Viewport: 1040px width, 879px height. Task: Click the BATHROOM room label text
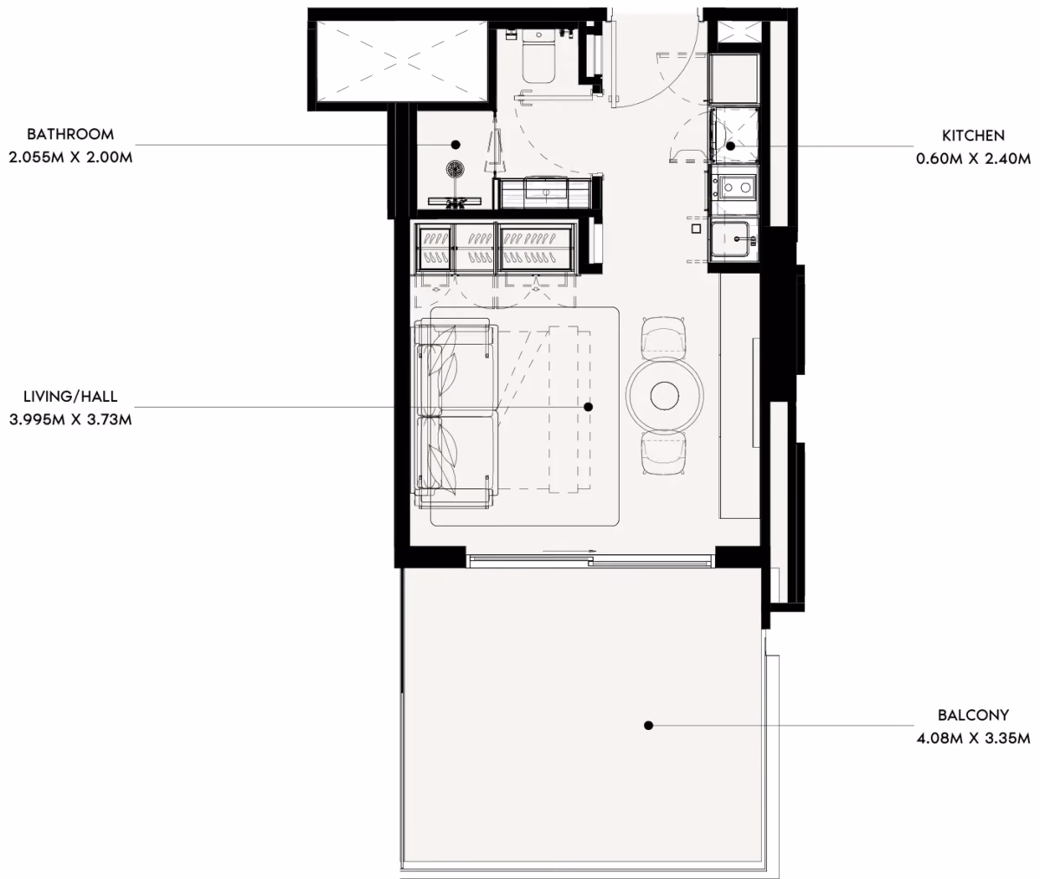(70, 135)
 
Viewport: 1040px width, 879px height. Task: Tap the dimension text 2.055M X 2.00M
(70, 158)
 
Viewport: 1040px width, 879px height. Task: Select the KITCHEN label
(973, 136)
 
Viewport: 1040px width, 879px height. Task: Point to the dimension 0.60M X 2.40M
(973, 158)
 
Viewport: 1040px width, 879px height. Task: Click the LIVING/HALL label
(70, 397)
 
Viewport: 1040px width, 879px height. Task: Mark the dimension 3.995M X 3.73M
(70, 419)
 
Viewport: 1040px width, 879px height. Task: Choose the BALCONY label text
(973, 715)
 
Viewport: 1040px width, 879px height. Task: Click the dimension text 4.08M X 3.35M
(973, 738)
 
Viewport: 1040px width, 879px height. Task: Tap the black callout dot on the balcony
(648, 726)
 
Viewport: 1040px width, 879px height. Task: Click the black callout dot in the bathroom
(456, 145)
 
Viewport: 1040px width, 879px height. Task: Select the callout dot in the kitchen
(731, 146)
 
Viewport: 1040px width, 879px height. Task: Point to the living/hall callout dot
(588, 407)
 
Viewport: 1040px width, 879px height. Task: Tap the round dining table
(664, 395)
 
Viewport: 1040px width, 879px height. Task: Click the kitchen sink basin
(733, 240)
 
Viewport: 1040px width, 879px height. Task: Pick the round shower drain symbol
(455, 168)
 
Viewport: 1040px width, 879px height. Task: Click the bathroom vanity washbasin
(546, 192)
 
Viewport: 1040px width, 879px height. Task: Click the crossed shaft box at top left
(399, 60)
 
